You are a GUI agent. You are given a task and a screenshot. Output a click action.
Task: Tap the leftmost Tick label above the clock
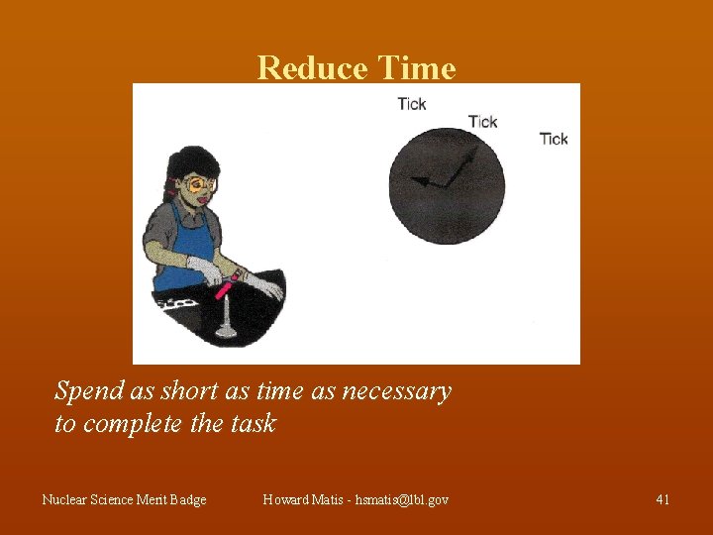pyautogui.click(x=412, y=104)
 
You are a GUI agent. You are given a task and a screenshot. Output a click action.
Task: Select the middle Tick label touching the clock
pyautogui.click(x=482, y=122)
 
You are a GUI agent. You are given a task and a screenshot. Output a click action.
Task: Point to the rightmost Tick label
pyautogui.click(x=554, y=139)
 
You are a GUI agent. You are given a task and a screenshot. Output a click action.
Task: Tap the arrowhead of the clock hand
pyautogui.click(x=417, y=180)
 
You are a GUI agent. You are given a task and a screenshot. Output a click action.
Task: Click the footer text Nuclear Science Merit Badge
pyautogui.click(x=124, y=499)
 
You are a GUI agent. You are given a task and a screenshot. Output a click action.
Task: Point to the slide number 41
pyautogui.click(x=662, y=499)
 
